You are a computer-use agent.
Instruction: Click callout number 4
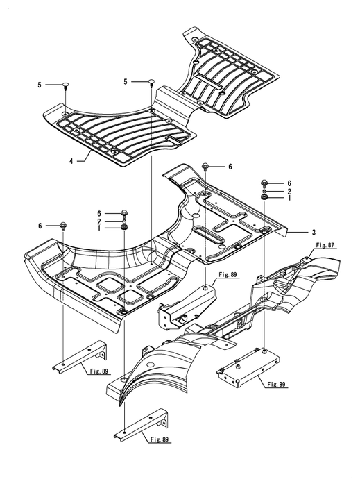[71, 161]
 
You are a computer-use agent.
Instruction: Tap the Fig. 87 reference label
[325, 246]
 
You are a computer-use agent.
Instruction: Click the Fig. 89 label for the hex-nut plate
[276, 385]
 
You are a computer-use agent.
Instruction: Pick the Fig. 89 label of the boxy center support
[228, 275]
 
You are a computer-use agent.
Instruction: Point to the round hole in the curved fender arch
[150, 364]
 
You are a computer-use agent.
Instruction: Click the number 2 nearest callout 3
[289, 191]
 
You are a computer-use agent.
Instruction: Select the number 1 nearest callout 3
[289, 198]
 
